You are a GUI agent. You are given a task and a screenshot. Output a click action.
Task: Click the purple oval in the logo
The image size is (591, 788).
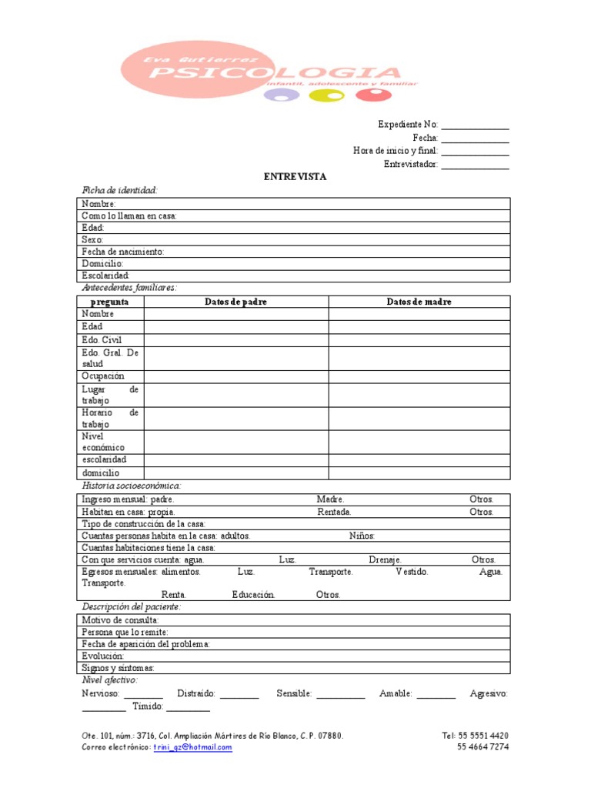[x=280, y=96]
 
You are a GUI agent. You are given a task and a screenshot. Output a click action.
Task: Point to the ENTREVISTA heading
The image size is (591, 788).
[x=295, y=176]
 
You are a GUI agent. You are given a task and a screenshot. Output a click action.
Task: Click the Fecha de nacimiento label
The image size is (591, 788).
[x=123, y=252]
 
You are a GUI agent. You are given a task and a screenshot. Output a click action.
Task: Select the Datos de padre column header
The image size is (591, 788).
[x=235, y=302]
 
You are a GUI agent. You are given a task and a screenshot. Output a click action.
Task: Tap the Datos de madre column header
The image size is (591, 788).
[x=419, y=302]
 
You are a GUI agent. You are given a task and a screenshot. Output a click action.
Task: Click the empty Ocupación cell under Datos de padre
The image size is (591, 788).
[x=235, y=376]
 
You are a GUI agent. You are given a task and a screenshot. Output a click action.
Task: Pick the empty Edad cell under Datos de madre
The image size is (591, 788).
[x=419, y=326]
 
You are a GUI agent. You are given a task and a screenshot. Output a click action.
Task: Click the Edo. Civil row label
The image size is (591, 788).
[x=102, y=339]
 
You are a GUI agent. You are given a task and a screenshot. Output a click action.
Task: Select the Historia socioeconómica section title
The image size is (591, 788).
[x=132, y=486]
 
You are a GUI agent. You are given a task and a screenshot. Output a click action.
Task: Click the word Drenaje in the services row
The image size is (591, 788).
[x=385, y=559]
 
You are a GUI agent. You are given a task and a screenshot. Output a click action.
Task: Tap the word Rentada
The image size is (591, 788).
[x=335, y=512]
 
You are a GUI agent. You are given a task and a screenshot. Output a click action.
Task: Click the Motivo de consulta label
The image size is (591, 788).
[x=121, y=619]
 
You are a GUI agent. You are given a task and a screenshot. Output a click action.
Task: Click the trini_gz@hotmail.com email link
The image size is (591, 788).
[x=192, y=747]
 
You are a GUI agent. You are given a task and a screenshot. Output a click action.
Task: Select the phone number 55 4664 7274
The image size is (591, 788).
[x=482, y=747]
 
